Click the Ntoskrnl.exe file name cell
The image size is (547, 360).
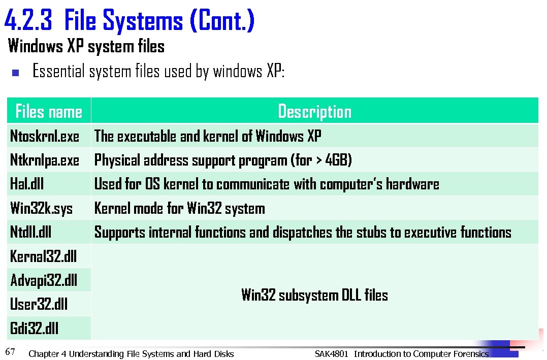click(45, 136)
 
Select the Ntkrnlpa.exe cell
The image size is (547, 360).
click(45, 160)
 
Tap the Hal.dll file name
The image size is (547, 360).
click(27, 184)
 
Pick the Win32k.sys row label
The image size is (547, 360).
click(41, 209)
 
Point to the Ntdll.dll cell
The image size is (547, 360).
click(30, 233)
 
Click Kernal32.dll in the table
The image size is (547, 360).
click(43, 256)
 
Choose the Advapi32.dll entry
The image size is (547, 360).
click(44, 280)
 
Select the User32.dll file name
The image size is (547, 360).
click(39, 304)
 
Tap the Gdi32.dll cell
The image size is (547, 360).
click(34, 329)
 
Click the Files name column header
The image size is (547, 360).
click(49, 111)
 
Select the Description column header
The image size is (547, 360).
click(314, 111)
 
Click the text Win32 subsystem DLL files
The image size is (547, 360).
click(314, 295)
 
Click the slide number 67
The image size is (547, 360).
click(10, 351)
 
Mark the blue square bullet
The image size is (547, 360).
click(15, 73)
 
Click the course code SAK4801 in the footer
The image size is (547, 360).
click(331, 354)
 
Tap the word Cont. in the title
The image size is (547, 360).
click(222, 21)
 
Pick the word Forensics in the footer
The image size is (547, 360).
click(470, 354)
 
